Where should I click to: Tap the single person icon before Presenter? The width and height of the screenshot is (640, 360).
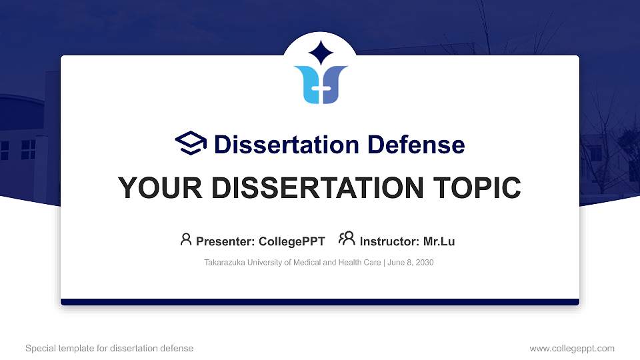pyautogui.click(x=186, y=239)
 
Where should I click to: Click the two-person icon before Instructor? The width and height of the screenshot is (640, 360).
pyautogui.click(x=347, y=239)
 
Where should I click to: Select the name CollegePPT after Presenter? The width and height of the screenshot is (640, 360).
pyautogui.click(x=291, y=241)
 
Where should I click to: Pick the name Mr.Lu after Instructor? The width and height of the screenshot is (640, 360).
pyautogui.click(x=439, y=241)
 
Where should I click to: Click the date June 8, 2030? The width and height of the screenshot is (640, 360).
pyautogui.click(x=410, y=263)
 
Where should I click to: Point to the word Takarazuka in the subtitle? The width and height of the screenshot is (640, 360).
pyautogui.click(x=226, y=263)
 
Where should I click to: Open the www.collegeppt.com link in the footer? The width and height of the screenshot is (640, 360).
pyautogui.click(x=571, y=348)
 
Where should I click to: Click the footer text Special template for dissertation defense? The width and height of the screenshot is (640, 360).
pyautogui.click(x=109, y=348)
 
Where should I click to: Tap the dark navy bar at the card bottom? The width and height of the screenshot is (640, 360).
pyautogui.click(x=320, y=302)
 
